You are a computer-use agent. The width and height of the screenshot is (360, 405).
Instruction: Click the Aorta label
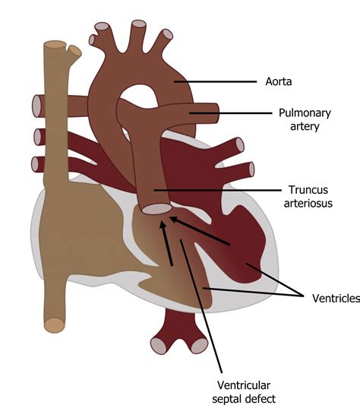pos(278,81)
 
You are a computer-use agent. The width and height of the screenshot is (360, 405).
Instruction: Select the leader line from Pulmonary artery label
pos(229,113)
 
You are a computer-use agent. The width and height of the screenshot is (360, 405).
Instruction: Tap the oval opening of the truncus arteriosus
pos(156,209)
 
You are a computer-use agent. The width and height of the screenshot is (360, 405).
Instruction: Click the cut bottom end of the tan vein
pos(54,325)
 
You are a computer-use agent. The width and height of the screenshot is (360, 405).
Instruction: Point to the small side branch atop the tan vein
pos(74,51)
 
